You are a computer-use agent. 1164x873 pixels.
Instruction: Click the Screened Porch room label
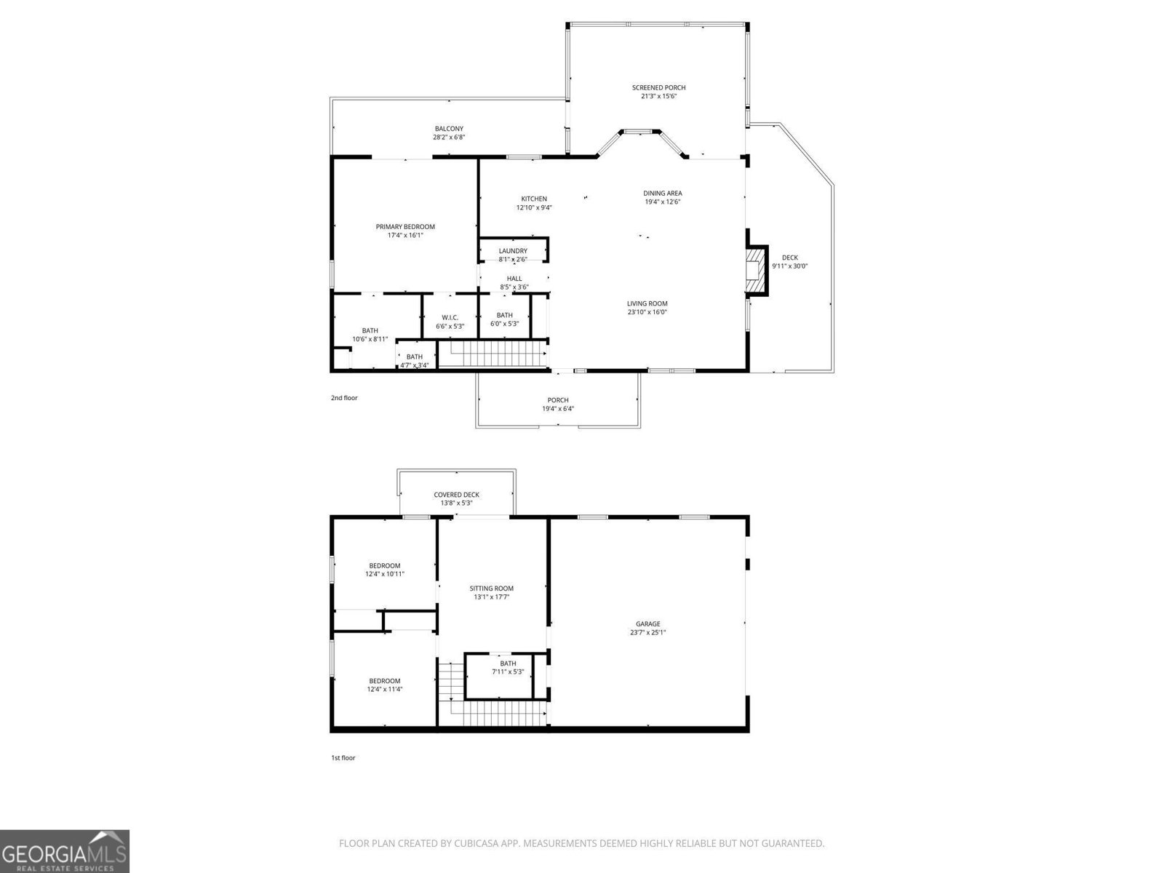tap(658, 88)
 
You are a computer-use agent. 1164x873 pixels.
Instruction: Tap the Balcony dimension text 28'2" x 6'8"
tap(449, 137)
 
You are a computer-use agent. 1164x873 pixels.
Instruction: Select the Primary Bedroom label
tap(405, 227)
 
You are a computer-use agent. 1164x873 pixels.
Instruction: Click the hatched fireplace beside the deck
tap(757, 271)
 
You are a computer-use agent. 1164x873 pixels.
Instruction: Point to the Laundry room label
tap(513, 251)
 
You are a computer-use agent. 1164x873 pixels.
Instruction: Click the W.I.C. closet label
tap(450, 317)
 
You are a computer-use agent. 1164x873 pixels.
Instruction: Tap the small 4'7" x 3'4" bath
tap(415, 361)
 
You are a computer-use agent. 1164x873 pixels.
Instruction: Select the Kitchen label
tap(534, 199)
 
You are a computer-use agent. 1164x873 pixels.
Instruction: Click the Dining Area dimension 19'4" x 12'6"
tap(663, 202)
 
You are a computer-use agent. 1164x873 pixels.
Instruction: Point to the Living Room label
tap(647, 303)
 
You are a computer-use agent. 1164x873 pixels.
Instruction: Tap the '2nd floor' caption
tap(344, 398)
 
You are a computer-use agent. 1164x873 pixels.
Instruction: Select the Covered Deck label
tap(456, 495)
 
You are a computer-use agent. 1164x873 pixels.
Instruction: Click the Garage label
tap(647, 623)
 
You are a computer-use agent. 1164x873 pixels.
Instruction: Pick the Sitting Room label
tap(492, 589)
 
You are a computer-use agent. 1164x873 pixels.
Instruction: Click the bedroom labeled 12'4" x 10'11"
tap(385, 570)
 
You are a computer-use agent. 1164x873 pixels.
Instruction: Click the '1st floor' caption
tap(343, 758)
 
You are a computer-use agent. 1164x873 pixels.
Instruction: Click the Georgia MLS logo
tap(64, 850)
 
